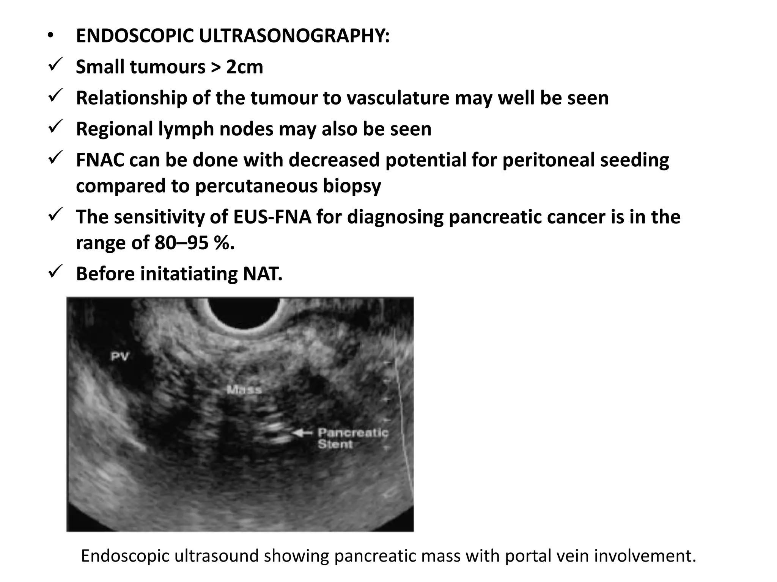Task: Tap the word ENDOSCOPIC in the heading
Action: coord(135,36)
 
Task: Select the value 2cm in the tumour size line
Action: coord(245,67)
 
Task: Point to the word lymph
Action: coord(186,129)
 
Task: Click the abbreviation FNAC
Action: coord(100,160)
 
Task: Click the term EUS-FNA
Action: coord(272,217)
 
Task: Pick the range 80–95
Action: coord(181,243)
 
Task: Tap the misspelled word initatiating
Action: coord(189,274)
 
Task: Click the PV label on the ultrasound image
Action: coord(120,357)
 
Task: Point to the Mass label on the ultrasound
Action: coord(244,390)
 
